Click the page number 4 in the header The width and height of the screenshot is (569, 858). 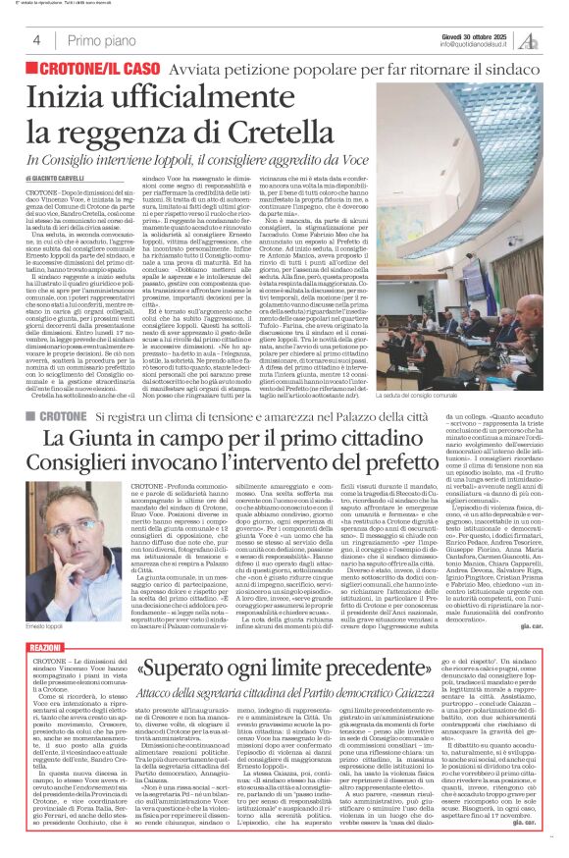tap(35, 40)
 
